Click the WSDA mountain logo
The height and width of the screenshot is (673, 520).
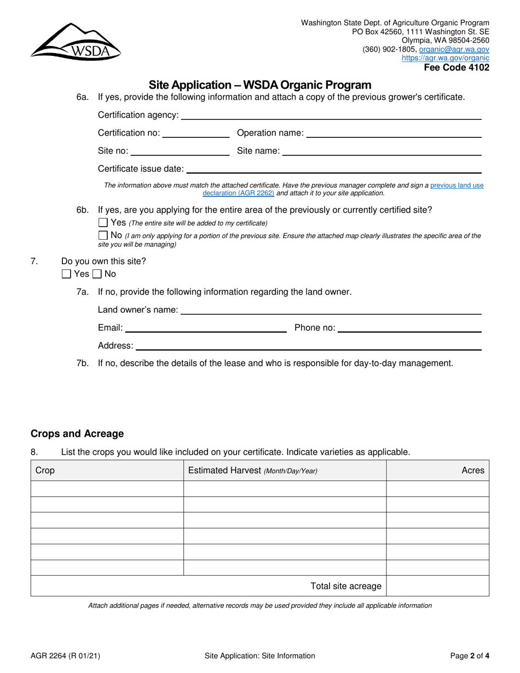[x=75, y=41]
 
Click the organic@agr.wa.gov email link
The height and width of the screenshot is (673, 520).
[x=454, y=49]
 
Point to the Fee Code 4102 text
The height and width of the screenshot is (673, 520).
[x=457, y=68]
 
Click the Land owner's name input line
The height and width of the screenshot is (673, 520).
[x=331, y=310]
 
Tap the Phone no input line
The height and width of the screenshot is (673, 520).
[x=409, y=328]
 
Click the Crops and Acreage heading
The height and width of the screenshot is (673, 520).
[x=77, y=434]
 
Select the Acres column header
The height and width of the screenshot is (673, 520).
[x=473, y=471]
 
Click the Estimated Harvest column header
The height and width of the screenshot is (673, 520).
[x=252, y=471]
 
